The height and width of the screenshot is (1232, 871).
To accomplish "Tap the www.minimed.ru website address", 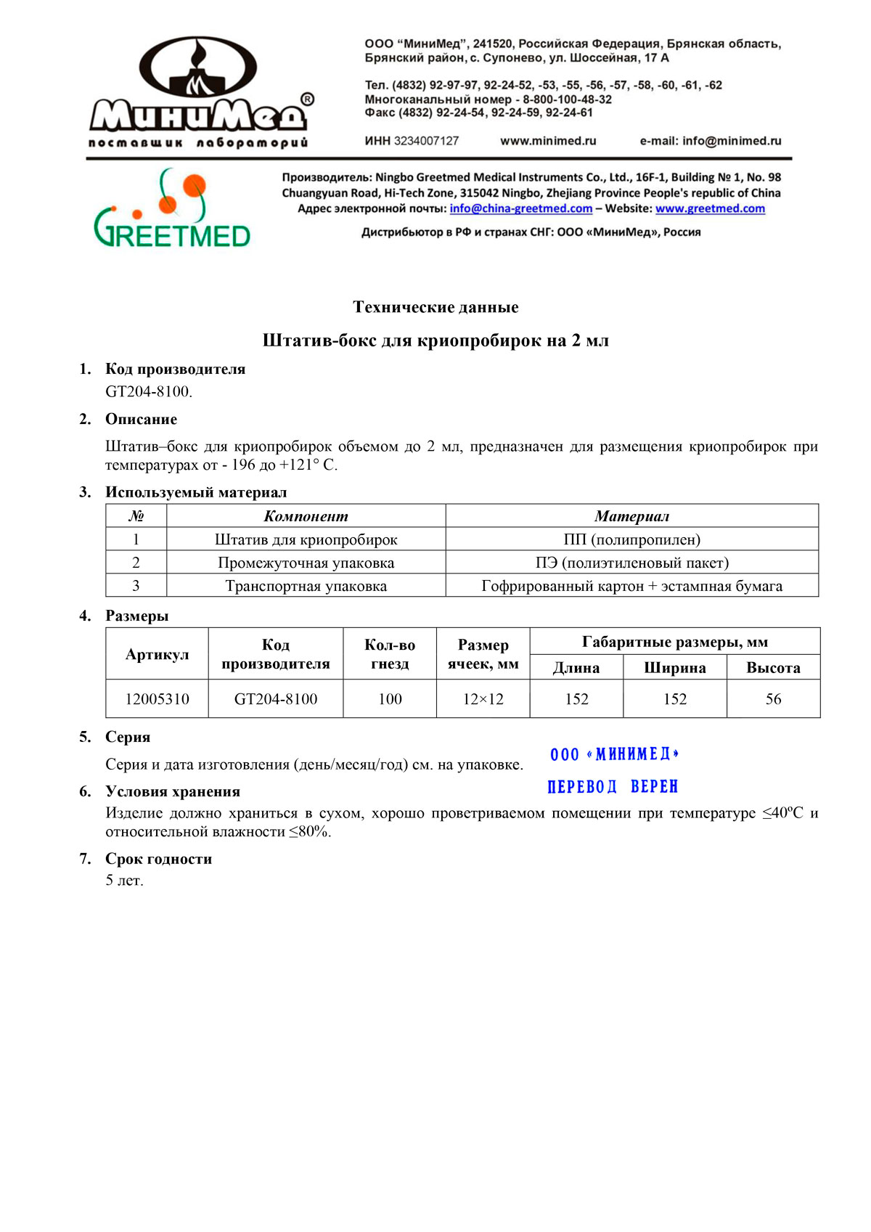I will (548, 141).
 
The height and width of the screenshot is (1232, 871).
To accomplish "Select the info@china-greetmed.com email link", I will (520, 208).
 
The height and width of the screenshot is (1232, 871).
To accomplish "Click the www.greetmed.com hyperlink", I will (710, 208).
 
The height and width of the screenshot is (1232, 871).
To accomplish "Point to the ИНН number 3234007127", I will (426, 141).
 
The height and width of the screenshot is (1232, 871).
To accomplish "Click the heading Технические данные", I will (435, 307).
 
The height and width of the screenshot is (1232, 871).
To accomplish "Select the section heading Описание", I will (141, 419).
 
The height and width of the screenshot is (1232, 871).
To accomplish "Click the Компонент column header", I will (306, 516).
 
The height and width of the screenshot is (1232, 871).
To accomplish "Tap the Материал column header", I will (631, 516).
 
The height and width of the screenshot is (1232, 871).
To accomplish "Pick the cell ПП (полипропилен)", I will (631, 539).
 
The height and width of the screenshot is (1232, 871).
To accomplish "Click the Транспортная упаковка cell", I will (306, 586).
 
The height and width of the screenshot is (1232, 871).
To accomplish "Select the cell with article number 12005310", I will (157, 699).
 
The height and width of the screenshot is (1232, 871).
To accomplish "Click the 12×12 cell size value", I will (483, 699).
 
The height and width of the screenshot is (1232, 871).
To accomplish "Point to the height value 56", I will (773, 699).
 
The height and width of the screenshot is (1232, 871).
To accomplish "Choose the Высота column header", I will (773, 668).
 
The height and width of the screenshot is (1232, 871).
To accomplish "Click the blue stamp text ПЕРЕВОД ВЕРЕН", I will (613, 787).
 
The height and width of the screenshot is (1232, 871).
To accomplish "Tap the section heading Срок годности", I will (158, 859).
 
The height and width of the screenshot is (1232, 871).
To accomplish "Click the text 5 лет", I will (124, 881).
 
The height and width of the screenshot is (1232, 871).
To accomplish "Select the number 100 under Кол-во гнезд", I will (390, 699).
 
